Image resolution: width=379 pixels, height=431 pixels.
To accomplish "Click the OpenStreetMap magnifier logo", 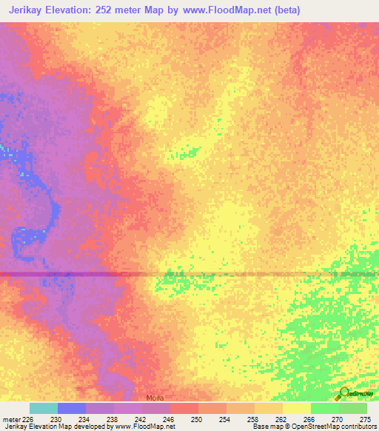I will [x=344, y=393].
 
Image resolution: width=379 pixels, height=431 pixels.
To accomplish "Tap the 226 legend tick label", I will [x=29, y=418].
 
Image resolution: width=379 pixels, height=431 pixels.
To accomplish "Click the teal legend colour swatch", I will [x=43, y=408].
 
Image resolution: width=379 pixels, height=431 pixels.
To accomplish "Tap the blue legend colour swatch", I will [x=71, y=408].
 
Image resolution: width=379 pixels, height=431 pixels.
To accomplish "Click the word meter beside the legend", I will [x=12, y=418].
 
